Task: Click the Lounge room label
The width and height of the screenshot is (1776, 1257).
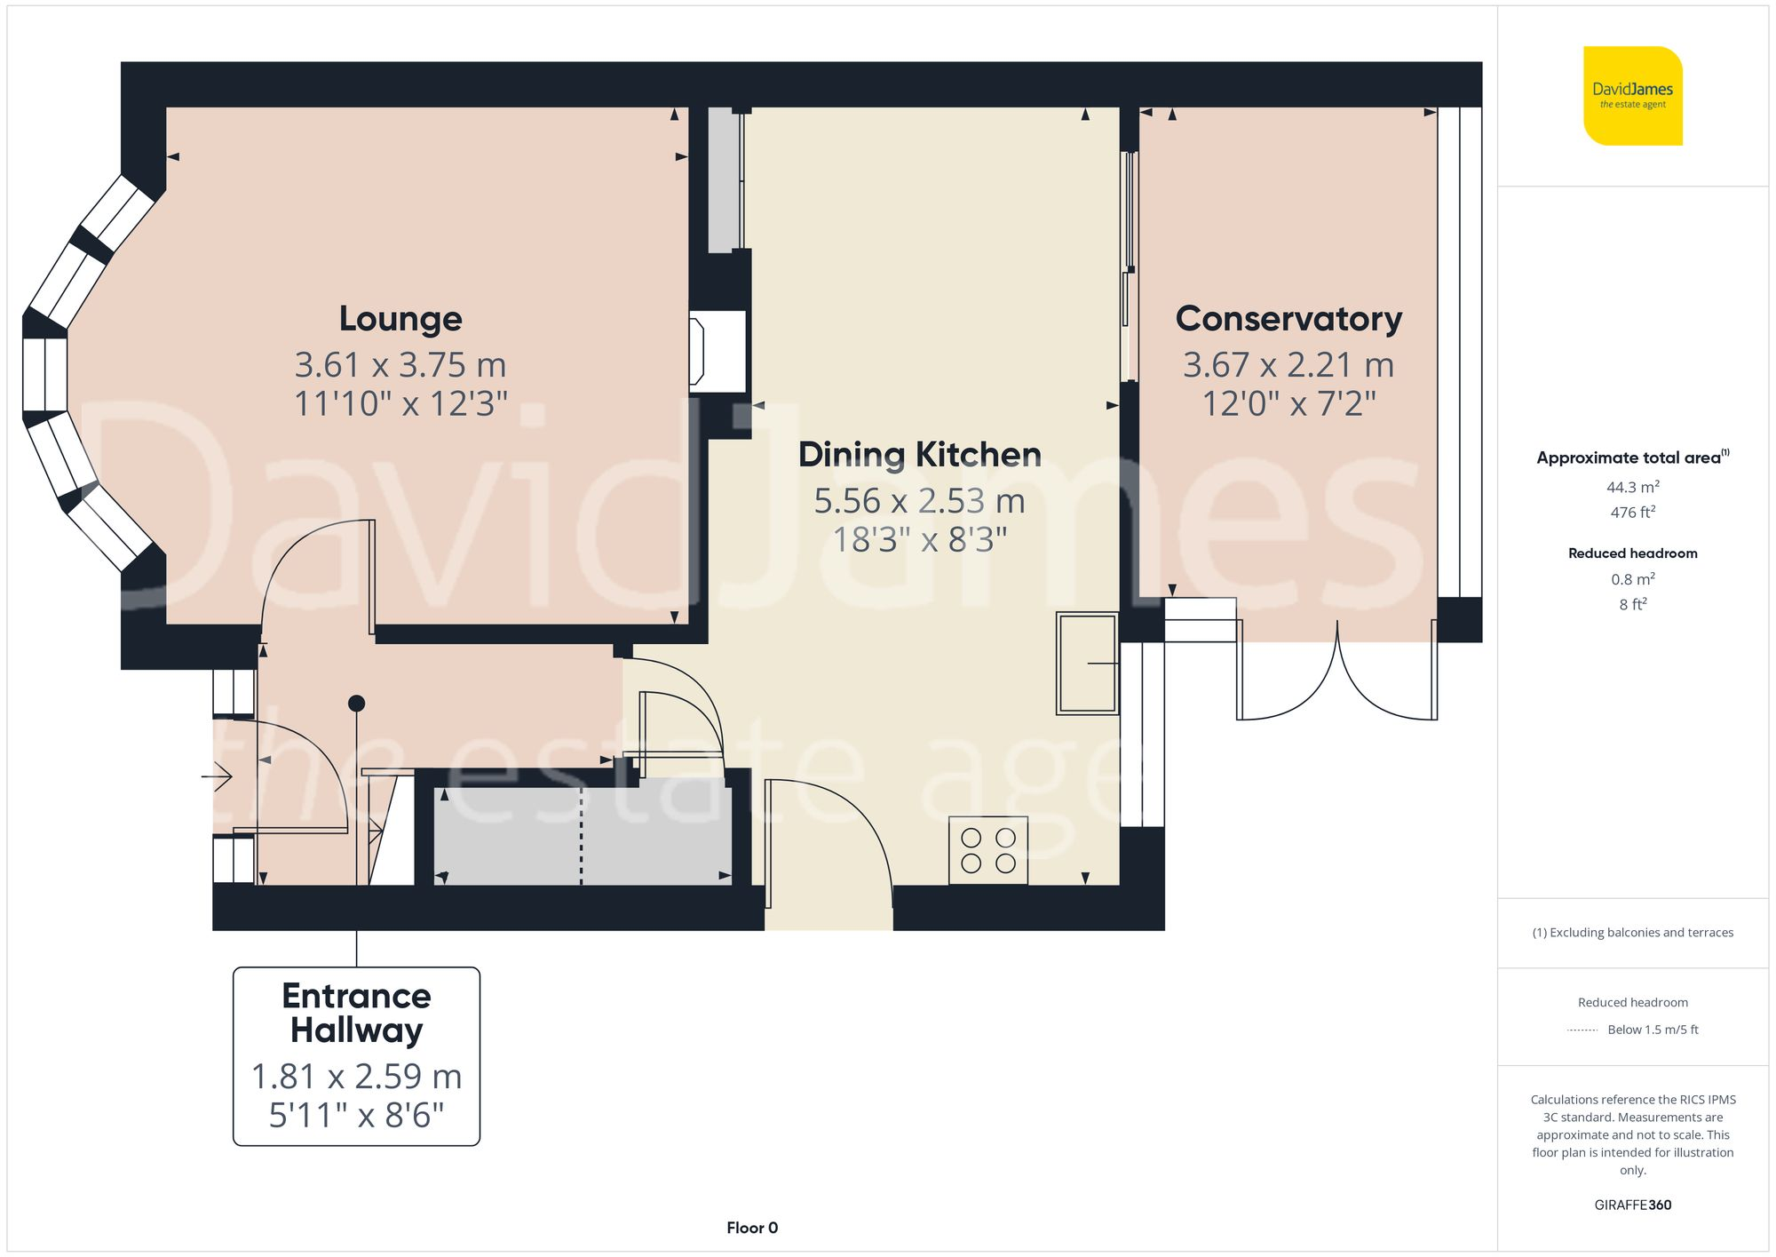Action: click(400, 318)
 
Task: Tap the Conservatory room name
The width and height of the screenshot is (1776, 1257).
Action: click(1288, 318)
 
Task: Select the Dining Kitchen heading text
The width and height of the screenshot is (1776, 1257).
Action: click(919, 454)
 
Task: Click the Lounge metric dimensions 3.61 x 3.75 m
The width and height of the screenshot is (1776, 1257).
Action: click(400, 364)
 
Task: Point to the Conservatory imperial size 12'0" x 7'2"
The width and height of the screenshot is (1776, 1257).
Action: click(1288, 403)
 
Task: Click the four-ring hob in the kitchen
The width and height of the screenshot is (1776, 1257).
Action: click(987, 850)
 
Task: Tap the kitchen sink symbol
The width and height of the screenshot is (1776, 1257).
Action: click(1086, 663)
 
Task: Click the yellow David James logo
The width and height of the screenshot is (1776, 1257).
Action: click(1632, 96)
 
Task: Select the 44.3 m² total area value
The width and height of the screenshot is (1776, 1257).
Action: click(1632, 487)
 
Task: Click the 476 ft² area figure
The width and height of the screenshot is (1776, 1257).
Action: click(1632, 513)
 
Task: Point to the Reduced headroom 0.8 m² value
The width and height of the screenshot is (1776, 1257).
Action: click(1632, 579)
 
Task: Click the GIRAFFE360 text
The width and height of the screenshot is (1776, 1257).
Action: click(1632, 1205)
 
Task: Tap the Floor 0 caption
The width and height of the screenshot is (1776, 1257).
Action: click(752, 1228)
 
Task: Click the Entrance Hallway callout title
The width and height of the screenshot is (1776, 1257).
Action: click(356, 1013)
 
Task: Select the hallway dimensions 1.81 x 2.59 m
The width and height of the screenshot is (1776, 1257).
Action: click(356, 1076)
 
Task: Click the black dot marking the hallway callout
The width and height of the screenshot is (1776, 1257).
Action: click(356, 704)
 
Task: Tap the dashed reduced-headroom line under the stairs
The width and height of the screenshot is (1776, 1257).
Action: click(582, 835)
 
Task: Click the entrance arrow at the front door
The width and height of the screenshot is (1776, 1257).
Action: click(217, 777)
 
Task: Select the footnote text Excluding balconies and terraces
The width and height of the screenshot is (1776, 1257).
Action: click(1632, 932)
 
